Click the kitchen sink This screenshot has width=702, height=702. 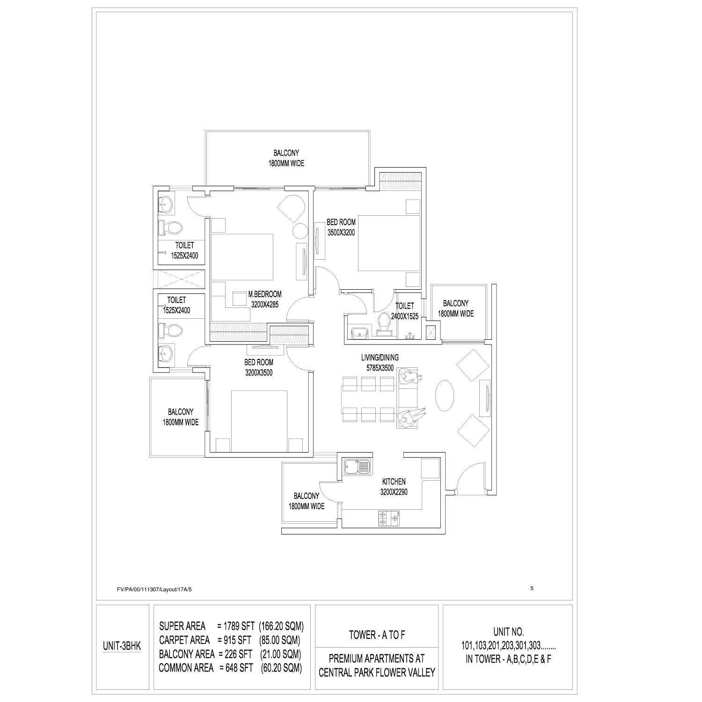(x=357, y=466)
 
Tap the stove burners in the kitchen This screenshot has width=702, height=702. (x=389, y=519)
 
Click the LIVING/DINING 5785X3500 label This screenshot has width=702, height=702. (x=380, y=363)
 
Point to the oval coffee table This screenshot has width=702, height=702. (x=444, y=395)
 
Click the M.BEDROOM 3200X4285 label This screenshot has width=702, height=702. (x=265, y=299)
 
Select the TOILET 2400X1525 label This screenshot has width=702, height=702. (x=405, y=311)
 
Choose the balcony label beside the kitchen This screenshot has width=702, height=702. (x=307, y=501)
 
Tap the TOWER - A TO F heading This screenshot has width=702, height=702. (x=377, y=635)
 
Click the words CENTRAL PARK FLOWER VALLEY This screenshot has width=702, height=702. (x=377, y=673)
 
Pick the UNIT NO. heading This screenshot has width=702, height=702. (x=508, y=631)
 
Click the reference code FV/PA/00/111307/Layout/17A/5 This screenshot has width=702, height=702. (x=155, y=590)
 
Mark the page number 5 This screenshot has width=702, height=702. (x=532, y=589)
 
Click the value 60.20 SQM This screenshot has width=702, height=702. (x=281, y=668)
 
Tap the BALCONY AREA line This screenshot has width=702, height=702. (x=230, y=654)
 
